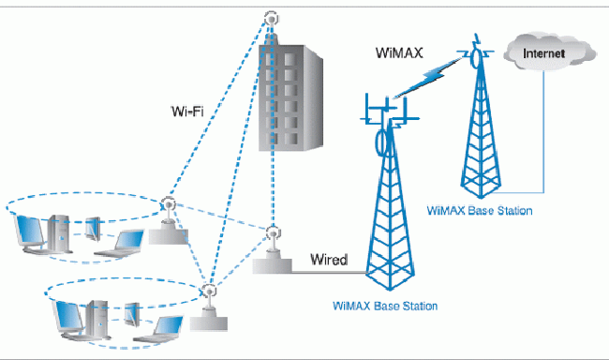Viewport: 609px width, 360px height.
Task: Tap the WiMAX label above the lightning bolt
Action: coord(400,54)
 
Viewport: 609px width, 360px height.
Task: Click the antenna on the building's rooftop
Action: coord(272,19)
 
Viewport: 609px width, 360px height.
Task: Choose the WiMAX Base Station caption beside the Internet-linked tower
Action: coord(479,211)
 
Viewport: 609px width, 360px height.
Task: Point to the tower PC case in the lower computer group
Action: coord(97,315)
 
